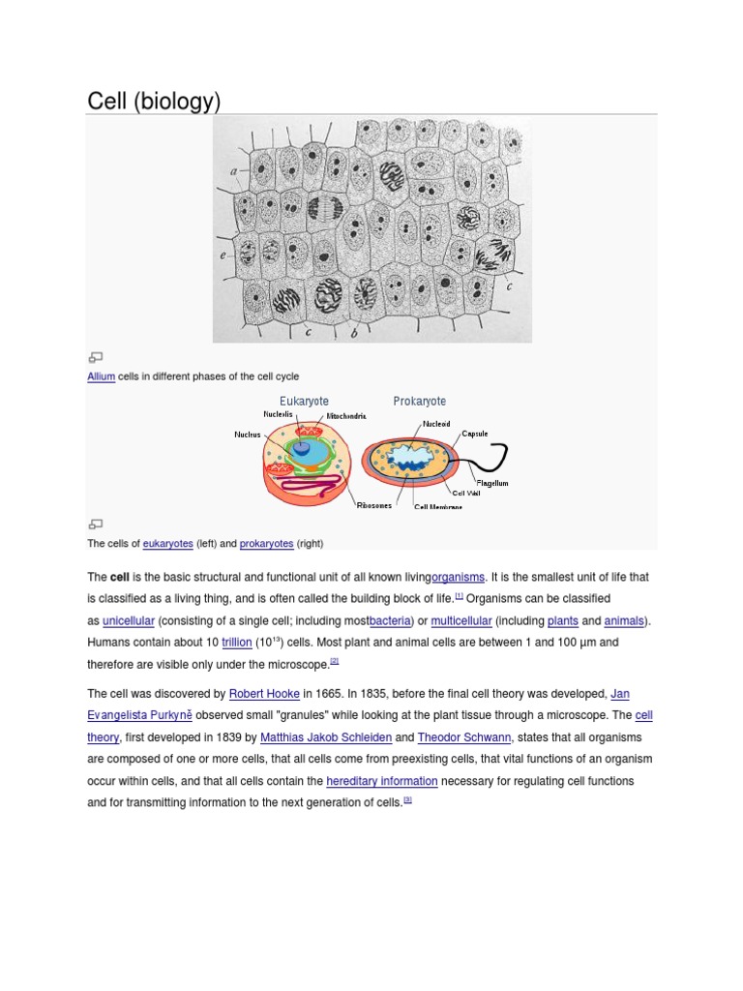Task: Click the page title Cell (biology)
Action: click(155, 101)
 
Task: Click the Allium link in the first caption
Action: click(101, 376)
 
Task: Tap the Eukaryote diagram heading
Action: click(304, 401)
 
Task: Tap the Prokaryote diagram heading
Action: click(419, 401)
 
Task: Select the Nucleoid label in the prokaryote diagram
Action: click(435, 424)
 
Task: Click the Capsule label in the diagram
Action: click(474, 434)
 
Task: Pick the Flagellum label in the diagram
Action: click(491, 483)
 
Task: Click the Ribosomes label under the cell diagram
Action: click(374, 505)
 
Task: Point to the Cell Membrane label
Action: click(438, 506)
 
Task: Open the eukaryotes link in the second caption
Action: click(168, 544)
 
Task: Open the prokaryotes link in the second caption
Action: click(266, 544)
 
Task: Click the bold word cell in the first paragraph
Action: click(120, 578)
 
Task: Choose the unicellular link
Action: click(129, 620)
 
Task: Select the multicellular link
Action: click(461, 620)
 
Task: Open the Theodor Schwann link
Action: click(462, 737)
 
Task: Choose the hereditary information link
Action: click(382, 781)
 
